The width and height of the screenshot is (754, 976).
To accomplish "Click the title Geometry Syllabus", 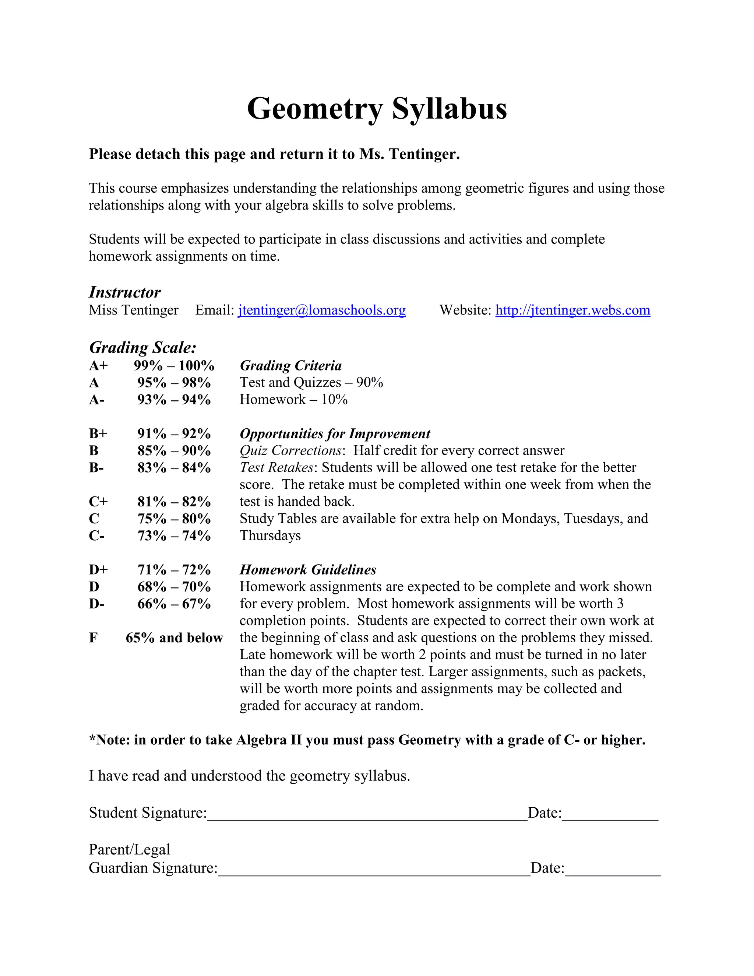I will [377, 109].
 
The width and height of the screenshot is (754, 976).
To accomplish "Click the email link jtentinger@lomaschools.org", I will [322, 310].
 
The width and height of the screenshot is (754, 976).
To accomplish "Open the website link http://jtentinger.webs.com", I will [572, 310].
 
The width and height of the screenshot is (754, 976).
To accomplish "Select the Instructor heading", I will [125, 292].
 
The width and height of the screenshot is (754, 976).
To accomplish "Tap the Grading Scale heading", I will [142, 348].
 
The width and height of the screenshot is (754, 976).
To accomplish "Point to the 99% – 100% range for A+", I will [174, 366].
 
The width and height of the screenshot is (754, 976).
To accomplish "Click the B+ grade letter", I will [98, 433].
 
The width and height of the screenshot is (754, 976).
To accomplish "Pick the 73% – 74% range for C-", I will [174, 536].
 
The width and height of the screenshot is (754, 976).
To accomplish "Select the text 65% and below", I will [174, 638].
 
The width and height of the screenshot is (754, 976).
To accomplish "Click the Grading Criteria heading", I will [290, 366].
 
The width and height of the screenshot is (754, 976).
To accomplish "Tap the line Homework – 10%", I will [293, 400].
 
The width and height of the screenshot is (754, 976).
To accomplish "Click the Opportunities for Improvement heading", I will [335, 433].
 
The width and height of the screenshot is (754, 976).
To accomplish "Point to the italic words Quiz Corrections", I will [290, 450].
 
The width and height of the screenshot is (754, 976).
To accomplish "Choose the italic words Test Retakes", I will [277, 467].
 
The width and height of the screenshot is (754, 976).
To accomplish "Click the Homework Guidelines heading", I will [308, 570].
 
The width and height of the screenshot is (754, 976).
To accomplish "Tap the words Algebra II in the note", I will [269, 740].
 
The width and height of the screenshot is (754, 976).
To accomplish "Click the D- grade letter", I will [96, 604].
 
